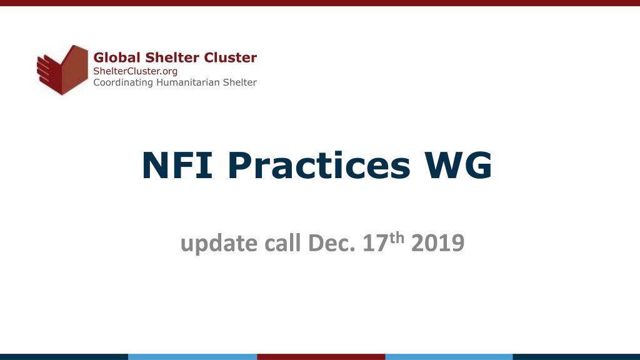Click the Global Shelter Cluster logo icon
[x=62, y=70]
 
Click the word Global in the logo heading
[x=117, y=57]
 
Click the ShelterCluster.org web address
[x=136, y=71]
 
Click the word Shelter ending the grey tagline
[x=239, y=82]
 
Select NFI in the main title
[x=177, y=165]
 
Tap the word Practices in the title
[x=319, y=165]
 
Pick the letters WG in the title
[x=458, y=165]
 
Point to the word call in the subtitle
[x=282, y=243]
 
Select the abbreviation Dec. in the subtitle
[x=331, y=243]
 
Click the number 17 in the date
[x=375, y=243]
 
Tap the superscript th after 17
[x=396, y=238]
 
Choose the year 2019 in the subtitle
[x=438, y=243]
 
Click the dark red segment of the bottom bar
[x=321, y=357]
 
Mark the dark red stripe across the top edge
[x=320, y=3]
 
